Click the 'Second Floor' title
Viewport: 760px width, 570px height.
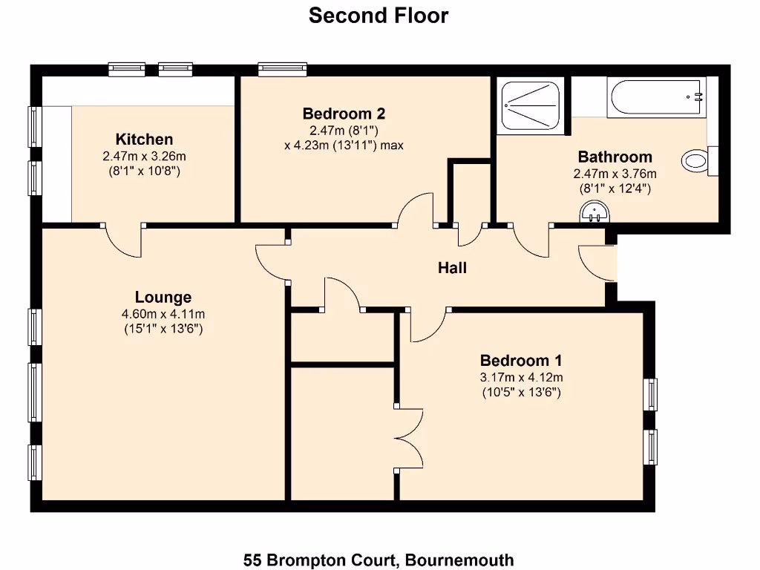[379, 16]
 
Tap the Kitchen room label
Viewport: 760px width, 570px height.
[144, 140]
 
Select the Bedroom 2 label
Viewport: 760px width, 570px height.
[344, 114]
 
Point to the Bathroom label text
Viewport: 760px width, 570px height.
[615, 157]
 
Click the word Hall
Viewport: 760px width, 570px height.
[452, 268]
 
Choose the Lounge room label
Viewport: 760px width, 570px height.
[163, 298]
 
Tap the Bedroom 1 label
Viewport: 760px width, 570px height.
[521, 361]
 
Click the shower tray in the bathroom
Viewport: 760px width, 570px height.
[530, 105]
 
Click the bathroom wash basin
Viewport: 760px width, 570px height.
[594, 214]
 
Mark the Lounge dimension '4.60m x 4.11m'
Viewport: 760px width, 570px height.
[163, 314]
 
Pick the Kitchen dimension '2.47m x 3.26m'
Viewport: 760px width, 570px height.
[144, 157]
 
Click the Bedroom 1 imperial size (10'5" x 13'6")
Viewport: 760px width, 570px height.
[521, 391]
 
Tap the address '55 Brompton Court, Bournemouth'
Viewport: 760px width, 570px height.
[379, 560]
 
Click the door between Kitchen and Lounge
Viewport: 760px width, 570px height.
[123, 239]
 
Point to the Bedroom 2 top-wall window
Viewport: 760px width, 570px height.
[283, 69]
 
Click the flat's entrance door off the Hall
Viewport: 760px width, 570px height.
[598, 263]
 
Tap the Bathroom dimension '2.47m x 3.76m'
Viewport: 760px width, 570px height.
[615, 174]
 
